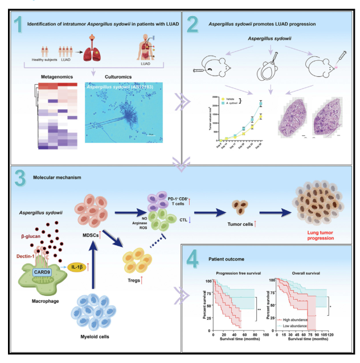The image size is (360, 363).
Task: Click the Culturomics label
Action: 111,76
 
